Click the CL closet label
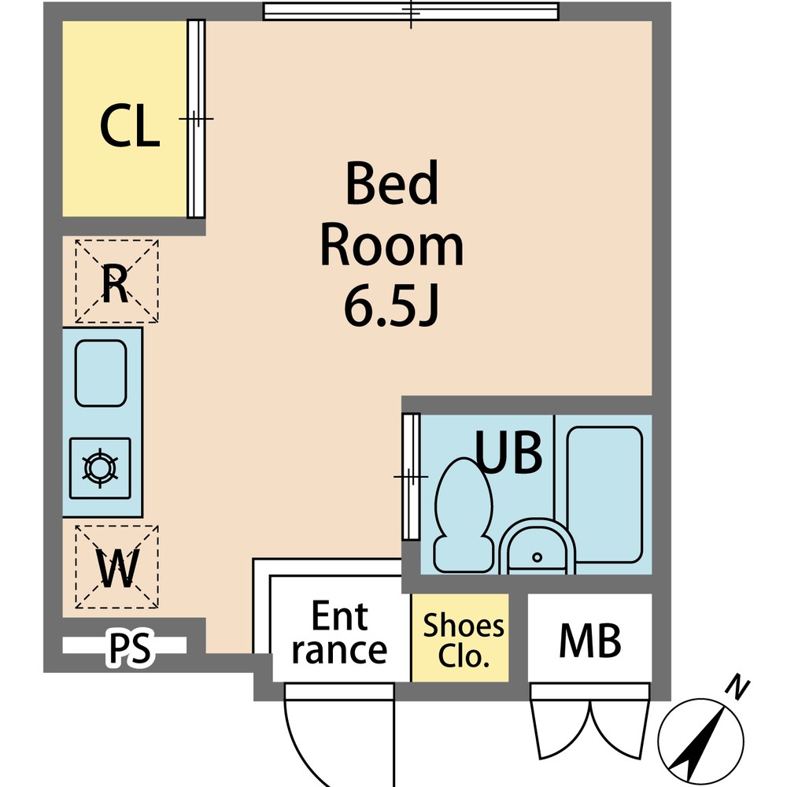click(x=130, y=126)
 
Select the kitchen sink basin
click(x=101, y=373)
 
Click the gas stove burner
click(x=101, y=467)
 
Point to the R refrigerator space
click(x=116, y=281)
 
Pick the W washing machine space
click(x=116, y=567)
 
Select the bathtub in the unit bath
click(x=604, y=494)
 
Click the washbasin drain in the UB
click(x=537, y=557)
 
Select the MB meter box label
click(x=590, y=641)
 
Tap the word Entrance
click(x=339, y=633)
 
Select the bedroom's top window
click(x=411, y=11)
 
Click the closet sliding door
click(x=196, y=119)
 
